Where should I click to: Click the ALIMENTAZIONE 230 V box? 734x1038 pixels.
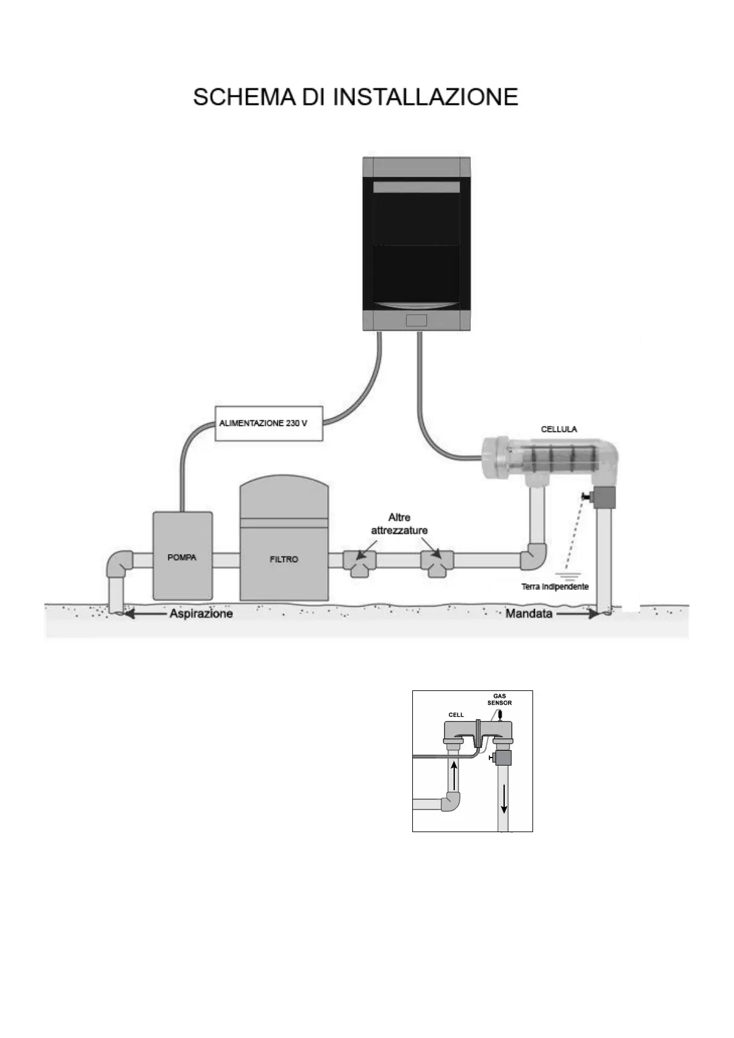tap(269, 423)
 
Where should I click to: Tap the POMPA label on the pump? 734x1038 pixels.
tap(182, 557)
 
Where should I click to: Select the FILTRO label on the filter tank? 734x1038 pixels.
tap(283, 559)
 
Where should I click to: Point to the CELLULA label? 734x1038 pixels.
tap(559, 429)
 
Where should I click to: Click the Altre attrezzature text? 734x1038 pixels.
tap(399, 524)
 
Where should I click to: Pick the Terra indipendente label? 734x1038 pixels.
tap(555, 586)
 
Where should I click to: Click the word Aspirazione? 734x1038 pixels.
tap(202, 613)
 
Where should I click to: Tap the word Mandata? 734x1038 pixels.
tap(529, 613)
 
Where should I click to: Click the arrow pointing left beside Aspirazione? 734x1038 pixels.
tap(145, 613)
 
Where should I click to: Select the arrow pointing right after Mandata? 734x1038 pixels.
tap(577, 613)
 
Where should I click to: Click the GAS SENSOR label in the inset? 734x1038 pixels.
tap(499, 699)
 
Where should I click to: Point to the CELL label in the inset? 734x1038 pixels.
tap(456, 714)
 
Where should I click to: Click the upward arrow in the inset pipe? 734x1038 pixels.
tap(455, 774)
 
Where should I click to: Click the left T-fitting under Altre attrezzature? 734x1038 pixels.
tap(360, 562)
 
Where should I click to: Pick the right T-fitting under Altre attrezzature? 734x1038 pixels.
tap(437, 562)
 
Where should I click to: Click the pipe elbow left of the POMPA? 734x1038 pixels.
tap(118, 563)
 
